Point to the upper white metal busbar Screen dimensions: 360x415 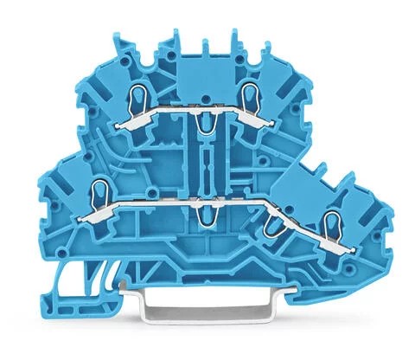pyautogui.click(x=207, y=116)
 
